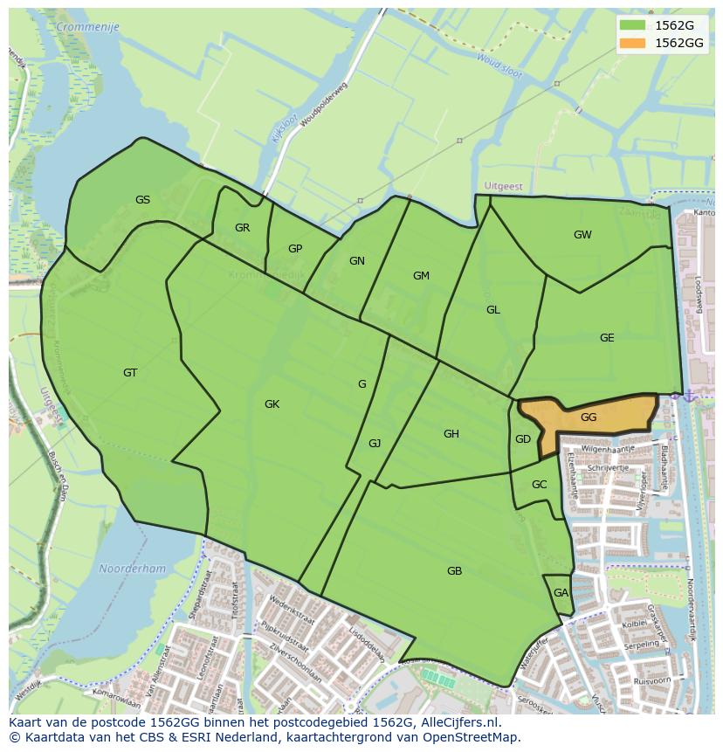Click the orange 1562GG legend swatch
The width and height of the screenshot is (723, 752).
[x=633, y=43]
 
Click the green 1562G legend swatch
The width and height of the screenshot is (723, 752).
[x=633, y=25]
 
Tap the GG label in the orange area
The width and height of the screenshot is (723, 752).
[x=589, y=417]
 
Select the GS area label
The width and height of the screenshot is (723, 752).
[x=142, y=200]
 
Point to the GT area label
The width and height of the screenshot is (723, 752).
[x=130, y=373]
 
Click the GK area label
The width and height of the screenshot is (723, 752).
[x=272, y=404]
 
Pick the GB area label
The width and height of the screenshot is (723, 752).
[x=454, y=571]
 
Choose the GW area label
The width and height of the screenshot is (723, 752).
[x=582, y=235]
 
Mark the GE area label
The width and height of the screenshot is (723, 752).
[x=607, y=338]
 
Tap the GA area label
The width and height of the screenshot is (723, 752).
[x=561, y=593]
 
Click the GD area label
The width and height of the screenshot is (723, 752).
[x=523, y=439]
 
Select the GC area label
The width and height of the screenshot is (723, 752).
[x=539, y=485]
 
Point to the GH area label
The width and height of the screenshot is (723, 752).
[x=451, y=434]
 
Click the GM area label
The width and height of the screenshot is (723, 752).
[x=421, y=276]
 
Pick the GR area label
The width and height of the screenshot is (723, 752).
[x=242, y=228]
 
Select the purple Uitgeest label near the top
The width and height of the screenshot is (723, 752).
[x=503, y=186]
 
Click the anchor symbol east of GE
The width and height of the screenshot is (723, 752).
[x=689, y=396]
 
